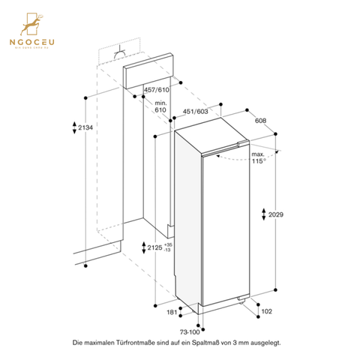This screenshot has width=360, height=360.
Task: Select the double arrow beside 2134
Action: coord(73,128)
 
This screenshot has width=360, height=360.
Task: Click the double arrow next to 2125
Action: coord(143,248)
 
